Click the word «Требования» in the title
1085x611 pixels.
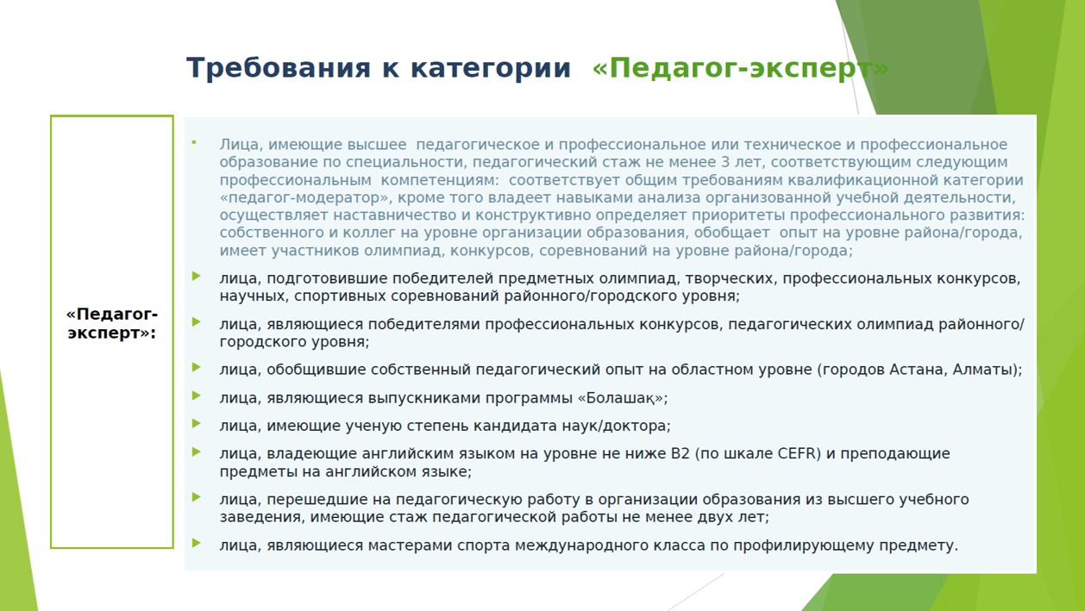[279, 68]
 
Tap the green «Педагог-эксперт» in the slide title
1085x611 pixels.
[741, 69]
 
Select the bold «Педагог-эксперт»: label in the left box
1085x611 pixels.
[112, 323]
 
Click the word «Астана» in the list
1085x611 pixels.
[917, 370]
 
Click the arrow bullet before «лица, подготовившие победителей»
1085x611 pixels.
[196, 276]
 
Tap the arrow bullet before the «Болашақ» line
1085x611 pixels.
[196, 396]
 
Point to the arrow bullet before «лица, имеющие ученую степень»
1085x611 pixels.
[196, 424]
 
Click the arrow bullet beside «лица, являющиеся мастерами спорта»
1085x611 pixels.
[196, 543]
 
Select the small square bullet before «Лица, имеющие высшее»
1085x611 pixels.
[194, 142]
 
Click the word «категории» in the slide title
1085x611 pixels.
[491, 69]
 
